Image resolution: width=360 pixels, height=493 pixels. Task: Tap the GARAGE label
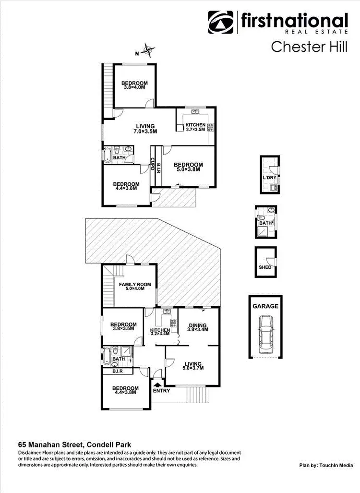pos(265,306)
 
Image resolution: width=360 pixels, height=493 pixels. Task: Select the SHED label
pos(265,267)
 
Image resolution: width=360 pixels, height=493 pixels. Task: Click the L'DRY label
pos(268,177)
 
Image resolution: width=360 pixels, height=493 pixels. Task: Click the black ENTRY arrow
pos(157,383)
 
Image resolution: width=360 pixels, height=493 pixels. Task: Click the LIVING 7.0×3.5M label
pos(145,129)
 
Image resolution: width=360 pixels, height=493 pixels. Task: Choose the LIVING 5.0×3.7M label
pos(192,366)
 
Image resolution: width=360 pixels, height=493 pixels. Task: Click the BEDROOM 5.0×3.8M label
pos(188,167)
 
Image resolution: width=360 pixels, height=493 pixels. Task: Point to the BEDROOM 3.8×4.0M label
pos(134,85)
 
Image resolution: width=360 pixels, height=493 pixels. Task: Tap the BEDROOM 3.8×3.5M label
pos(123,327)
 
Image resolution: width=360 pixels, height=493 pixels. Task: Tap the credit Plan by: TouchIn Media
pos(326,465)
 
